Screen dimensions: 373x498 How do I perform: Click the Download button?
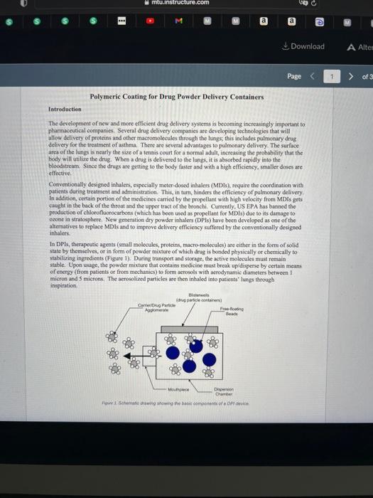point(303,47)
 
